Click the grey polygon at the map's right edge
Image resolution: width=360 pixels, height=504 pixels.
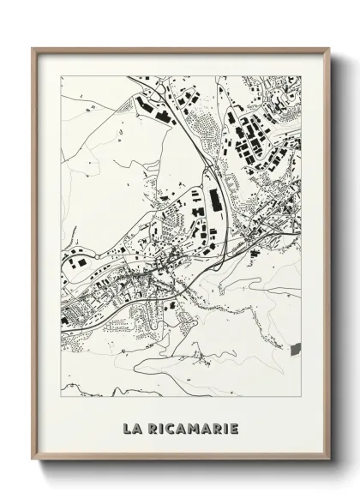(x=297, y=348)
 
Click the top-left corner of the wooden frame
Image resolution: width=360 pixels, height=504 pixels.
(x=33, y=48)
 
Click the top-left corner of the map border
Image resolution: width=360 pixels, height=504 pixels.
(x=61, y=75)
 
